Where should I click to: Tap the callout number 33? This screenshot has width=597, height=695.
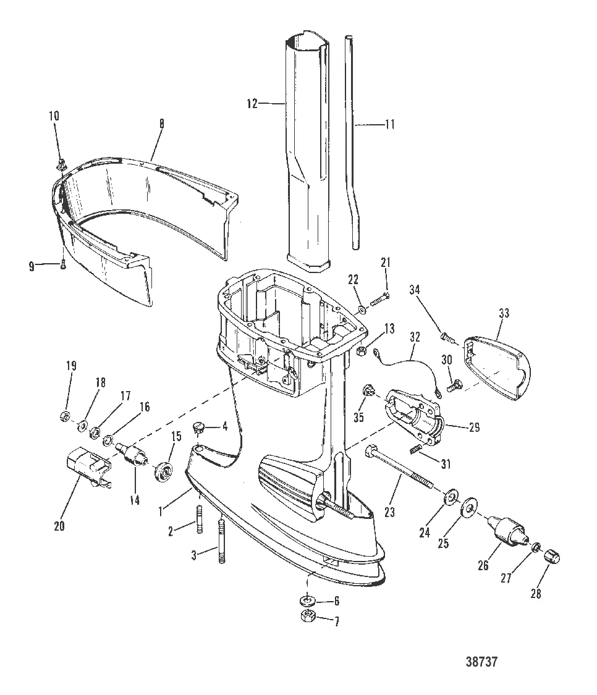tap(504, 314)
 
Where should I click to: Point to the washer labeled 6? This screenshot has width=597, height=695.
tap(307, 600)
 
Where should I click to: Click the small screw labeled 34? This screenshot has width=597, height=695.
tap(445, 337)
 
